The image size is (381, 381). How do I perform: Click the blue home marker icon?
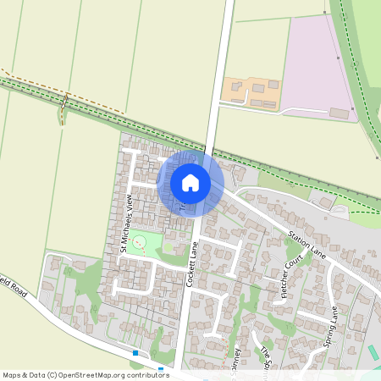(190, 183)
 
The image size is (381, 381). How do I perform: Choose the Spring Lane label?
(333, 325)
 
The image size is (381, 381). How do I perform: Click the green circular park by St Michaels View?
(140, 245)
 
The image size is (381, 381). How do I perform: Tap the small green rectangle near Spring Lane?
(373, 351)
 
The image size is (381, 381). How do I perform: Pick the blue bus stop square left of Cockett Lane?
(135, 351)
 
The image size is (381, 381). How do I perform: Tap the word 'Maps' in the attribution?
(13, 374)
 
